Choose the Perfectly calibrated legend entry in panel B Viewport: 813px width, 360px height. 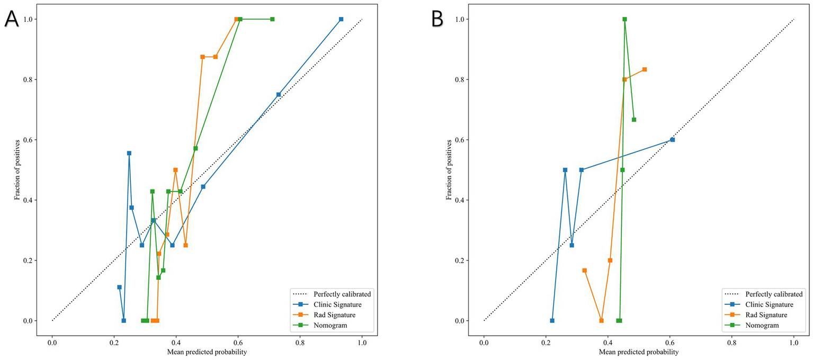click(774, 294)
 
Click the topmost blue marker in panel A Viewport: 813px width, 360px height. click(341, 19)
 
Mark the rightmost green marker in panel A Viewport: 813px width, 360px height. click(272, 19)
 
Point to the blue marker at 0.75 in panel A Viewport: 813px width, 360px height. click(279, 95)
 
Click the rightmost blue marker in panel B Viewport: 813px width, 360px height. click(673, 140)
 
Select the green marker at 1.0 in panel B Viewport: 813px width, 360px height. click(624, 19)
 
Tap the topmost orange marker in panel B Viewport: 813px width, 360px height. click(645, 69)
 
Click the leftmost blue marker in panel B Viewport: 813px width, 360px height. click(552, 321)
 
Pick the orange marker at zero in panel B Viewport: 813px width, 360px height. click(601, 321)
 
